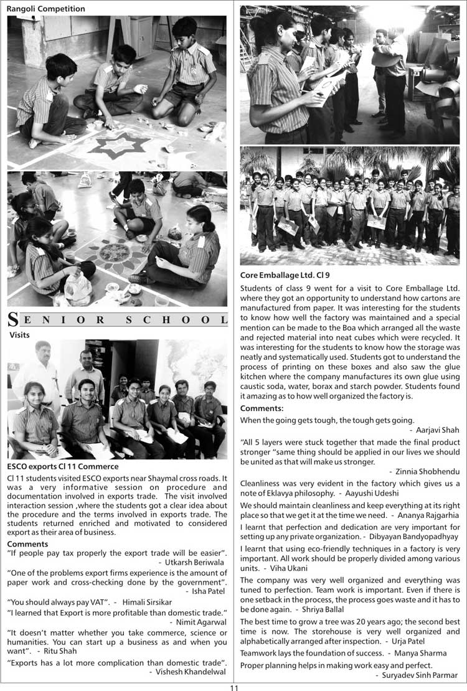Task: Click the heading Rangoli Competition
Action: click(x=46, y=9)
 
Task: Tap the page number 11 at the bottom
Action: click(x=233, y=687)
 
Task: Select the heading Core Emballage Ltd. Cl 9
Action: click(x=285, y=275)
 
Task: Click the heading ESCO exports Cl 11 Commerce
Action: click(x=63, y=466)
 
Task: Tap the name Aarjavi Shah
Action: click(x=438, y=430)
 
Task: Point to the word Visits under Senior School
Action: click(x=20, y=334)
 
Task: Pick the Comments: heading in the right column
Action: click(x=262, y=408)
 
